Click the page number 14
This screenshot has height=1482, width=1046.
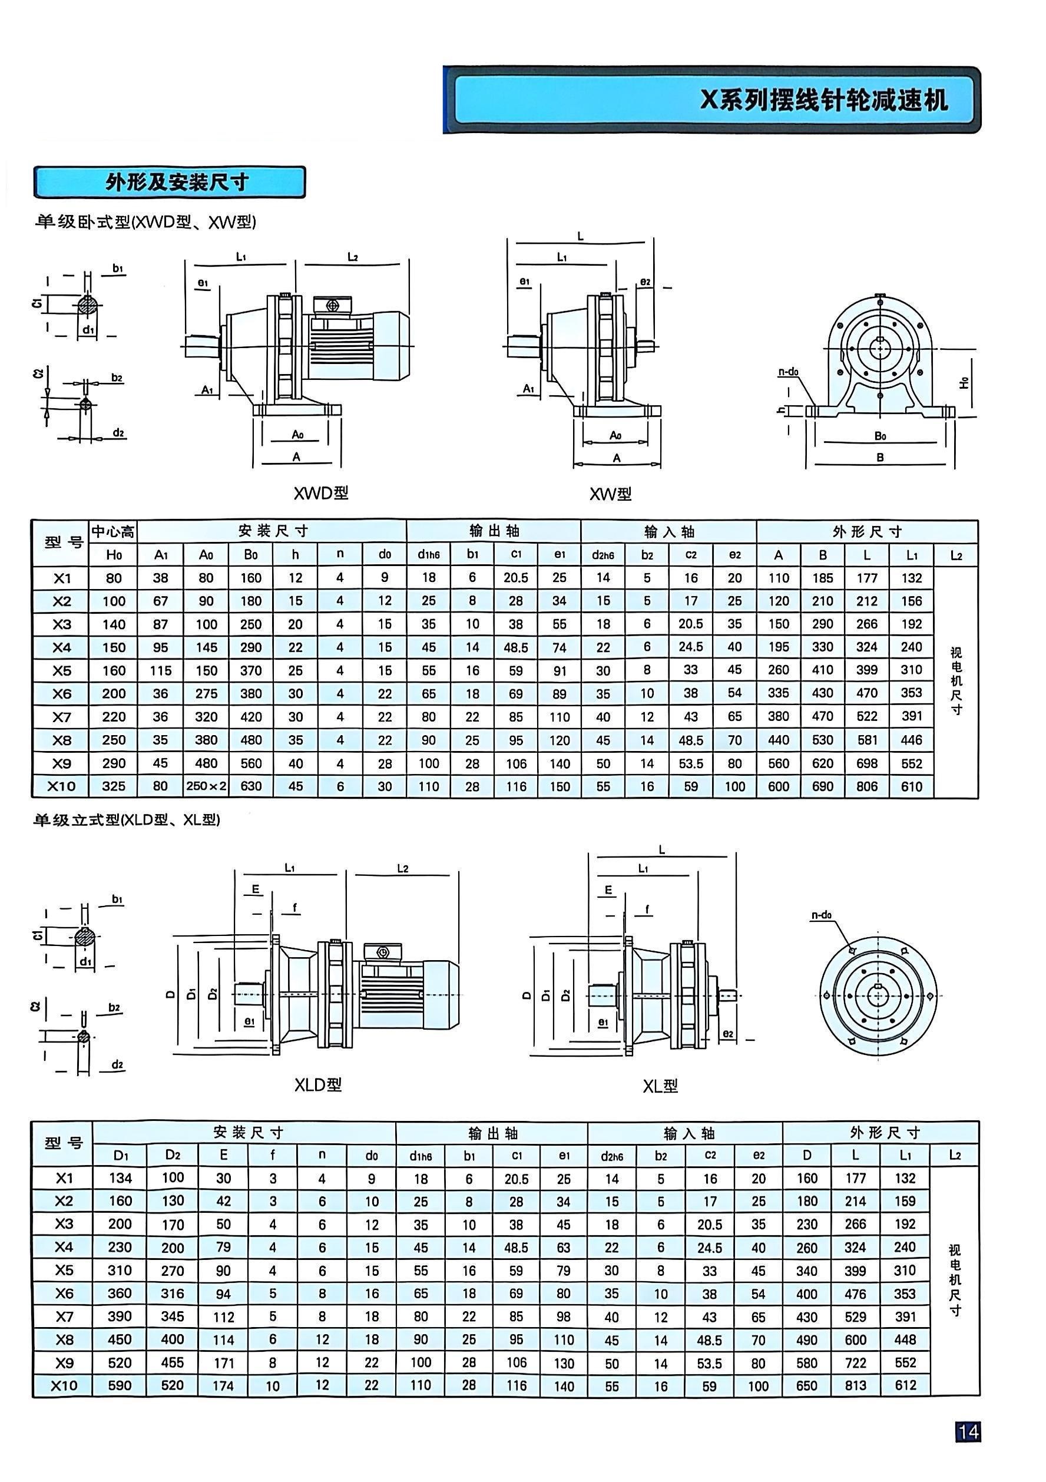[968, 1433]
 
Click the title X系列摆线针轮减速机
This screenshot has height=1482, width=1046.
[824, 100]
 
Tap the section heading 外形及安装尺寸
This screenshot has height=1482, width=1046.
[177, 183]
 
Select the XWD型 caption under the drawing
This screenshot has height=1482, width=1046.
[321, 493]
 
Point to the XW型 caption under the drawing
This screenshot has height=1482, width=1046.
[610, 494]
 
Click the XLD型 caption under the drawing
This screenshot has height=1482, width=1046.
[318, 1085]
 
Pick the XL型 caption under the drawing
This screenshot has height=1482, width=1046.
[660, 1086]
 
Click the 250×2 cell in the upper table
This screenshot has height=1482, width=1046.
[206, 786]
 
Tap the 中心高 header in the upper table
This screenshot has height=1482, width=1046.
[113, 532]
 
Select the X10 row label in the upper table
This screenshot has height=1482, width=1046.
[62, 786]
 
